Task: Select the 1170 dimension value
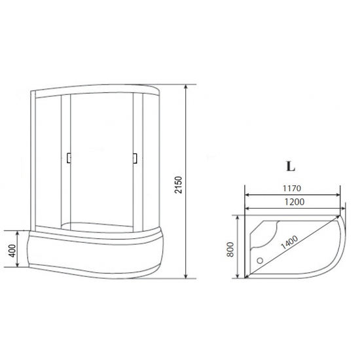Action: (292, 187)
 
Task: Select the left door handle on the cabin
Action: (67, 157)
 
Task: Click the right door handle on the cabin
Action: (134, 157)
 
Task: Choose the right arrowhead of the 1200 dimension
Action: (340, 210)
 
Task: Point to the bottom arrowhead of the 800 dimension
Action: (238, 276)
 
